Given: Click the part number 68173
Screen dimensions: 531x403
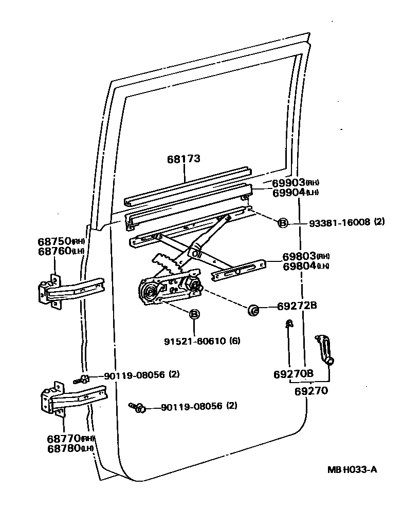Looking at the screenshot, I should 183,159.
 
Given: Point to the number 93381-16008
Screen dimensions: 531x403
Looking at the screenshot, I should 339,222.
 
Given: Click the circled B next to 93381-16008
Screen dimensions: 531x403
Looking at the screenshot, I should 282,222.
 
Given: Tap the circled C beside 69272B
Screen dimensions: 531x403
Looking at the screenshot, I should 253,309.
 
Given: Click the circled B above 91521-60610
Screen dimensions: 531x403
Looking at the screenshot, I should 194,315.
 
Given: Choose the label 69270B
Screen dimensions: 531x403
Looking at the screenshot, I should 294,374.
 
